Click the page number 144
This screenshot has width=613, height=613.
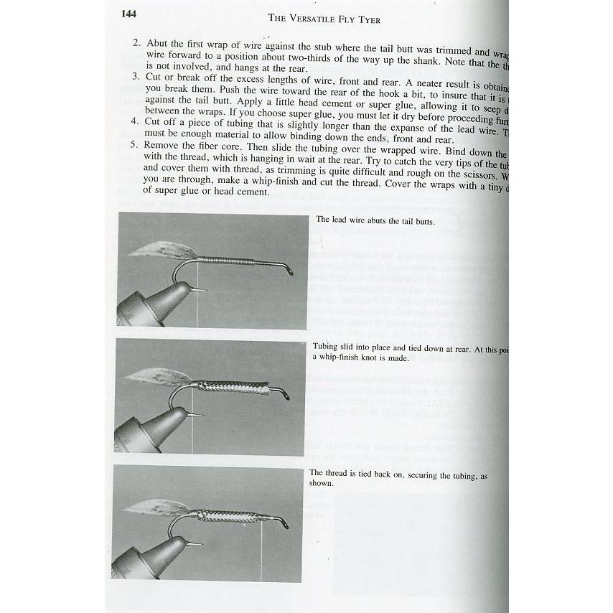130,14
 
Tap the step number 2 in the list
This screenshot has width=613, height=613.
136,43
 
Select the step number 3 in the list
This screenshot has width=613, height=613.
136,77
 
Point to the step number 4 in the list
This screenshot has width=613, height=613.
136,121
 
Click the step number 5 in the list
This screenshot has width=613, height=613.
136,144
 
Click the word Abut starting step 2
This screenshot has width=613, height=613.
157,43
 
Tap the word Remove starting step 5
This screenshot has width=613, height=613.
164,144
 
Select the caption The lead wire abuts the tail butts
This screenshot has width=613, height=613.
375,221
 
